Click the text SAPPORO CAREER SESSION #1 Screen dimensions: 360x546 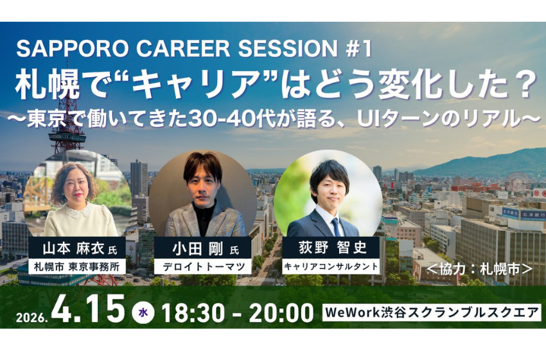(193, 49)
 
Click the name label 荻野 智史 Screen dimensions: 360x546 (328, 247)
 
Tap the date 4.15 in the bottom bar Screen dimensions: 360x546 (90, 310)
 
